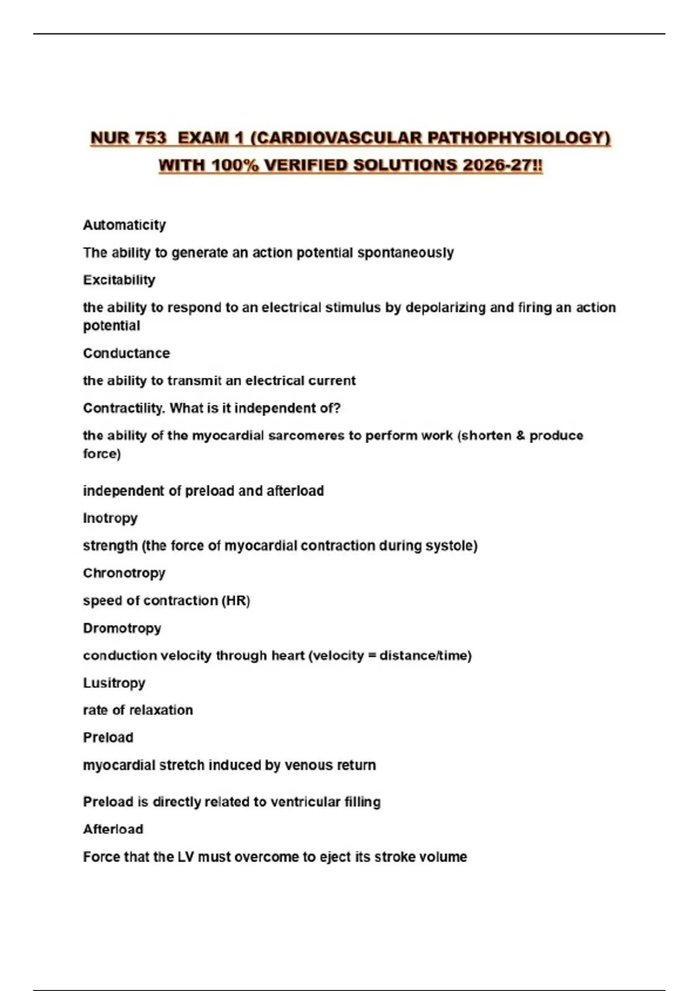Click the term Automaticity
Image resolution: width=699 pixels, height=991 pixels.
(124, 225)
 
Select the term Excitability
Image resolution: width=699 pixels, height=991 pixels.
(119, 280)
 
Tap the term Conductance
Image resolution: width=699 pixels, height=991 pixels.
(126, 353)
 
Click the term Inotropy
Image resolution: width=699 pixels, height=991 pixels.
(110, 518)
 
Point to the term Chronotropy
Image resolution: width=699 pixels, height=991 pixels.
(124, 573)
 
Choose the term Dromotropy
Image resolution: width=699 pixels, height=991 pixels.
(122, 628)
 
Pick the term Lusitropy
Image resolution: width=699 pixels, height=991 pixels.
(114, 683)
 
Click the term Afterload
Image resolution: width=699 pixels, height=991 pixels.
(113, 829)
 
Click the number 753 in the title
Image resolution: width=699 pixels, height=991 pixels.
(150, 138)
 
